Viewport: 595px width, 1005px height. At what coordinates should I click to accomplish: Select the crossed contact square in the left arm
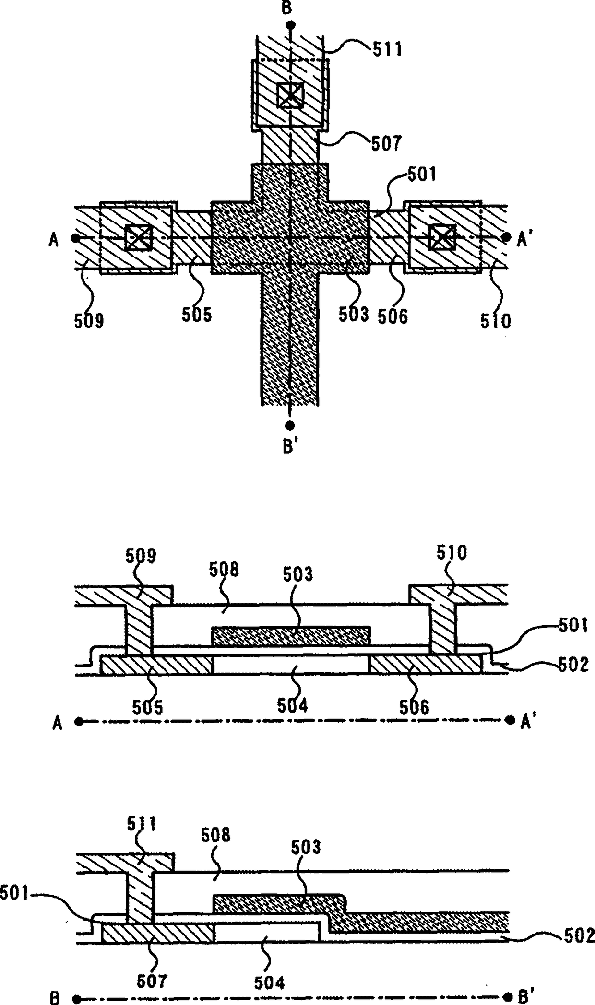click(138, 238)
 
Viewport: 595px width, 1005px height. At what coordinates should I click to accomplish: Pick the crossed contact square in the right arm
click(442, 238)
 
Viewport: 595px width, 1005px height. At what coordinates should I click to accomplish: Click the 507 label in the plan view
click(386, 143)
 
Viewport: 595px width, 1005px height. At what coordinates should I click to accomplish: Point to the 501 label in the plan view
click(422, 175)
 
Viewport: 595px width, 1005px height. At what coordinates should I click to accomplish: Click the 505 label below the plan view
click(197, 315)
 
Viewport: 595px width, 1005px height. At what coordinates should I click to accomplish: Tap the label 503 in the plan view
click(354, 314)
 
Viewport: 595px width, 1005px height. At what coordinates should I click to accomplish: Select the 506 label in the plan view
click(393, 316)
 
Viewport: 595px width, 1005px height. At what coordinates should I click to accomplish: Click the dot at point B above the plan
click(289, 24)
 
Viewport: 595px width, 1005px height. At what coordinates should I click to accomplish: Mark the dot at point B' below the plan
click(289, 425)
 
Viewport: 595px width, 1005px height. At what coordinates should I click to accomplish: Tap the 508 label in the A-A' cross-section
click(224, 570)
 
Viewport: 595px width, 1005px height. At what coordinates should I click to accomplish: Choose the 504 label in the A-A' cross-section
click(292, 705)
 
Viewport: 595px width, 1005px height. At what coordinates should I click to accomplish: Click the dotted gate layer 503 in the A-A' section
click(291, 636)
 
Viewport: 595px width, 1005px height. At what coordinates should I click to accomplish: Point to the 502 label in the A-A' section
click(573, 665)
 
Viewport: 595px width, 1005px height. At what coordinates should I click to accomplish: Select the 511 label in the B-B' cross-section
click(142, 825)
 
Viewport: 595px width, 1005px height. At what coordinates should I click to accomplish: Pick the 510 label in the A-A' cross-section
click(451, 554)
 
